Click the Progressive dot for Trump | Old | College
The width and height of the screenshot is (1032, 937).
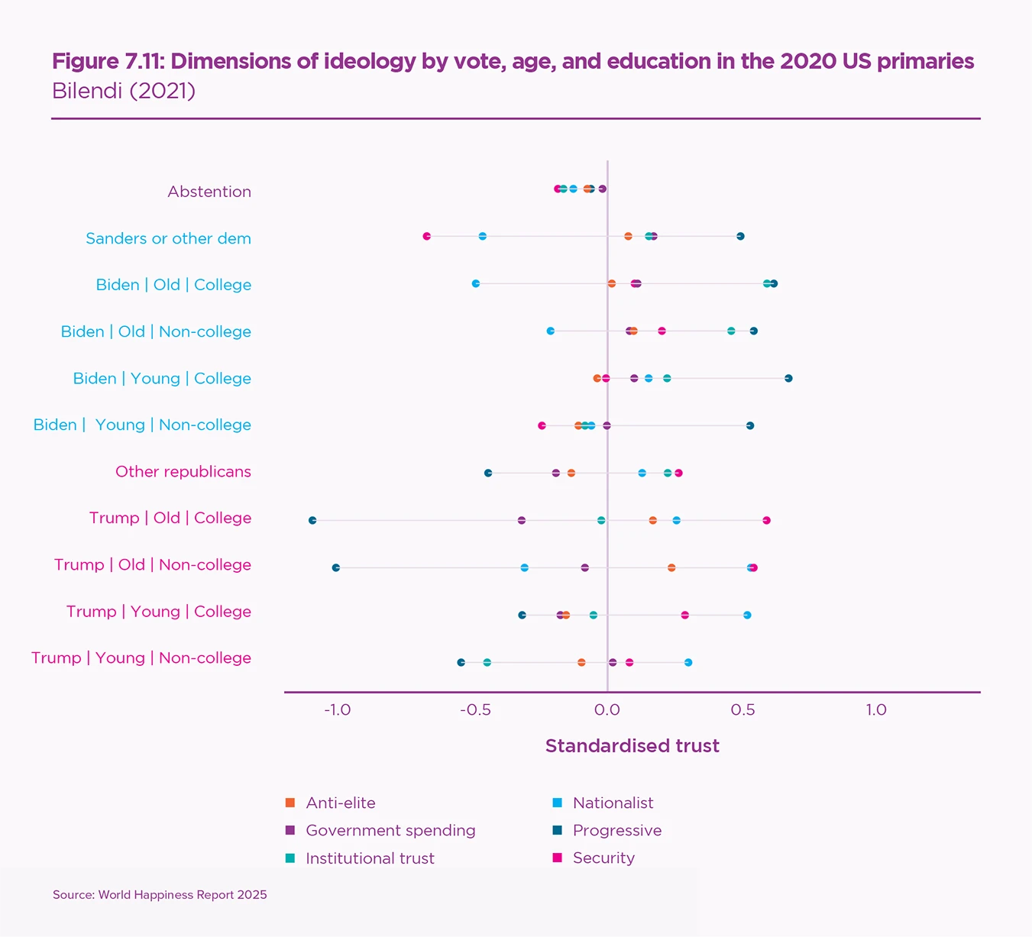312,520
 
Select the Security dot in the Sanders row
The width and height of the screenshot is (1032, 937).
427,236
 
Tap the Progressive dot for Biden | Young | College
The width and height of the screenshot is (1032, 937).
788,378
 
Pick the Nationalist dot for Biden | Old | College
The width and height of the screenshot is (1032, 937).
476,283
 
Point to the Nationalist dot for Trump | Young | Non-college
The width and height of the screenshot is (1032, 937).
688,662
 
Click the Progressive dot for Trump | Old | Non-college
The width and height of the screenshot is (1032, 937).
336,567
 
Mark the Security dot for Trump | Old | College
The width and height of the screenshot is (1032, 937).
766,520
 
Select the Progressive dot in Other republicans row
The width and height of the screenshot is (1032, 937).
488,473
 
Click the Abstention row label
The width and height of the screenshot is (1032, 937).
209,192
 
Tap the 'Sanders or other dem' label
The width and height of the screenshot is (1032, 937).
168,238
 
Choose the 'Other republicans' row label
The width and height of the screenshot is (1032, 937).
183,471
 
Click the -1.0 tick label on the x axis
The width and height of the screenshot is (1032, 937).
337,710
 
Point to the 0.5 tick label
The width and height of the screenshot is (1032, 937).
742,710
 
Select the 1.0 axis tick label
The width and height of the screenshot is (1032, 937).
876,710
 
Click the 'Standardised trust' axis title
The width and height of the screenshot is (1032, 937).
632,746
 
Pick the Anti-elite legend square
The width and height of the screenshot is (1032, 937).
290,803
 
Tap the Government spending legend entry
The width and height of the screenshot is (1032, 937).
390,830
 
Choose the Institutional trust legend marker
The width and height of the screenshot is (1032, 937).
290,858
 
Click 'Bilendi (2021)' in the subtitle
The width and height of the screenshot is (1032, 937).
124,91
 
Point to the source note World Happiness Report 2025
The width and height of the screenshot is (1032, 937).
160,894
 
